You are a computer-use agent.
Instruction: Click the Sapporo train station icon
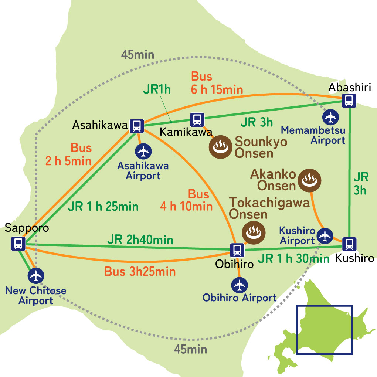pyautogui.click(x=18, y=244)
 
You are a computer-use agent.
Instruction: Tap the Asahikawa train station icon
pyautogui.click(x=136, y=125)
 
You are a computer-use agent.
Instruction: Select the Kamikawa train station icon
pyautogui.click(x=197, y=119)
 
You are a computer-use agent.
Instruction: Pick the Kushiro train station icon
pyautogui.click(x=349, y=244)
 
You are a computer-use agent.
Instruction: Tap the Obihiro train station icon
pyautogui.click(x=237, y=250)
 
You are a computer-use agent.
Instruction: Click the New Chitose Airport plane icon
pyautogui.click(x=36, y=275)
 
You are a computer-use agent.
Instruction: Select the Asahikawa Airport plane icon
pyautogui.click(x=143, y=151)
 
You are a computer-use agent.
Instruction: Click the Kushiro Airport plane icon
pyautogui.click(x=325, y=235)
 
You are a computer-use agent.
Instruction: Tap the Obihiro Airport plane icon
pyautogui.click(x=239, y=285)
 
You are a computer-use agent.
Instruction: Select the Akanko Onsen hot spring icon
pyautogui.click(x=310, y=180)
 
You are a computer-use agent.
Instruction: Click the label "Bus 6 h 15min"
pyautogui.click(x=217, y=83)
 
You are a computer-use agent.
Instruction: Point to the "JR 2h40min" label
pyautogui.click(x=140, y=240)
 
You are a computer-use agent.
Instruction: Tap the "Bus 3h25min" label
pyautogui.click(x=140, y=272)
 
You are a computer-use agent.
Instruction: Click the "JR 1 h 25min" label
pyautogui.click(x=103, y=206)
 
